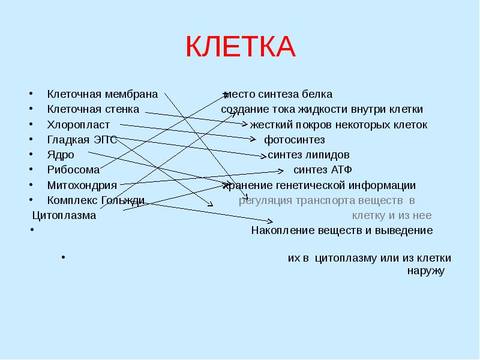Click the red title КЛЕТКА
pos(240,46)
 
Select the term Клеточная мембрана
pos(102,94)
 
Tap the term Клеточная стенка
pos(93,110)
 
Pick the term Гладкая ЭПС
pos(82,140)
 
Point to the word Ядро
pos(61,155)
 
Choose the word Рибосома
pos(73,170)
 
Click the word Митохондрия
pos(82,185)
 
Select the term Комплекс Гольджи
pos(96,200)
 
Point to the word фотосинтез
pos(295,140)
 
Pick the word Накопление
pos(281,230)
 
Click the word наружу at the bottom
pos(425,271)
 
